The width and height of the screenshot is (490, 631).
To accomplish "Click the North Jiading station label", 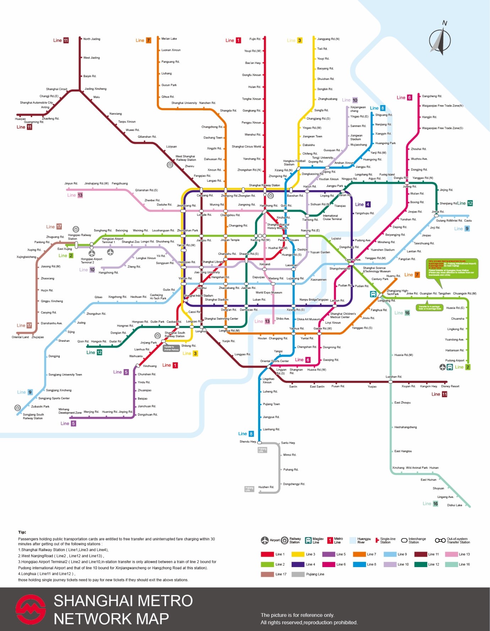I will [x=92, y=39].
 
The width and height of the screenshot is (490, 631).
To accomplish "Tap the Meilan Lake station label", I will [x=169, y=39].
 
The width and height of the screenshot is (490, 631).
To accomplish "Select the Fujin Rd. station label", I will [x=255, y=39].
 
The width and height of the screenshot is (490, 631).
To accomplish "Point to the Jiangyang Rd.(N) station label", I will [x=328, y=39].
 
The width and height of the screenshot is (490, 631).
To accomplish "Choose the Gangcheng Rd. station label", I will [x=432, y=96].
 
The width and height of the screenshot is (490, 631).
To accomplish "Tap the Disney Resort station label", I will [x=450, y=386].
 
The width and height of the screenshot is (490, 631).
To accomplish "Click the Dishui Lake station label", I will [x=454, y=505].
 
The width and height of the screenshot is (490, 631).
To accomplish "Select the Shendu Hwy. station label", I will [x=247, y=441].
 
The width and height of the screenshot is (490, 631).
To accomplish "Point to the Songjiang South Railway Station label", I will [x=33, y=416].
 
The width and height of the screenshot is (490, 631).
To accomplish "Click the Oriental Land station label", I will [x=20, y=337].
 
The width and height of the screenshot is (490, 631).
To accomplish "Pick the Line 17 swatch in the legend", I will [x=267, y=574].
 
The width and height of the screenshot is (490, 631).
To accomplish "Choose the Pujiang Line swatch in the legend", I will [x=298, y=574].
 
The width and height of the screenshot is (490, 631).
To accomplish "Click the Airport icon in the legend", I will [x=265, y=540].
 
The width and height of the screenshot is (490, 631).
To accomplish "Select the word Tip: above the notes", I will [x=22, y=532].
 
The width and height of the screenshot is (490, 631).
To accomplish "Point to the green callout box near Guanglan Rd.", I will [x=452, y=269].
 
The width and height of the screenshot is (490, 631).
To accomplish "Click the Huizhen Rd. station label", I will [x=266, y=487].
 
